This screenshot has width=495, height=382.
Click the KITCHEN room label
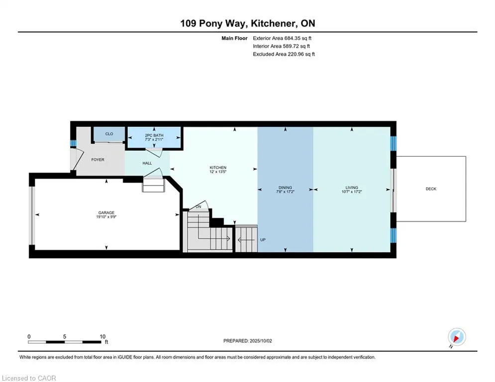click(218, 168)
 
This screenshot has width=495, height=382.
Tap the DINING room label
click(285, 188)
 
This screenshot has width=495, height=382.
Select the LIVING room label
click(352, 188)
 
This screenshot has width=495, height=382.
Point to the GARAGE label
click(106, 213)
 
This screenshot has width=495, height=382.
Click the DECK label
click(431, 189)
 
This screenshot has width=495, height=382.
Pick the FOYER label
click(98, 160)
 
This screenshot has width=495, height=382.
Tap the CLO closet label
click(109, 134)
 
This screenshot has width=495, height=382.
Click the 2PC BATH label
click(154, 135)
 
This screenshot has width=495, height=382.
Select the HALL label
click(147, 163)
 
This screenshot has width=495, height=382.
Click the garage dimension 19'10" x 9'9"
click(106, 217)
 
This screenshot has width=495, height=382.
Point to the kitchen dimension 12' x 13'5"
click(218, 172)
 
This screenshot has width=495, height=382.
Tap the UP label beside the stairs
click(263, 240)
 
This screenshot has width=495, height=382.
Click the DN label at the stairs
click(198, 207)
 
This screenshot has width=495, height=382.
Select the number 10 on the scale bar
click(102, 337)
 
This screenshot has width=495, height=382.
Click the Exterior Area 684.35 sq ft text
click(282, 38)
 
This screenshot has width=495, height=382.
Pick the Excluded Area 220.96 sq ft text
click(284, 54)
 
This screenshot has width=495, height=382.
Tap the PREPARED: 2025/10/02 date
click(248, 341)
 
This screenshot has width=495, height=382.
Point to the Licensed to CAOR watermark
click(29, 378)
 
